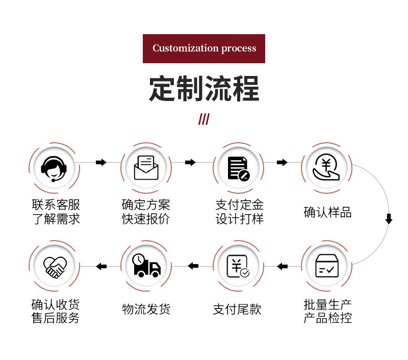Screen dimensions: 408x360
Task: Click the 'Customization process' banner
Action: click(x=204, y=48)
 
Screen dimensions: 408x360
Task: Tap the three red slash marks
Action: click(x=204, y=119)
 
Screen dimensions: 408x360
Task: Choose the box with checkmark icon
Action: click(x=327, y=266)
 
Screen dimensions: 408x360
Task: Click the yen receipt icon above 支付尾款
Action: click(x=238, y=266)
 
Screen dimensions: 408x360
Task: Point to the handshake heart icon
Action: click(x=55, y=266)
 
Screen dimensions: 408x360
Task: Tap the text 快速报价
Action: click(x=146, y=219)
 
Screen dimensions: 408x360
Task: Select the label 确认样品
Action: click(x=327, y=212)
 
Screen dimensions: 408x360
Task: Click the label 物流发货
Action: click(x=146, y=309)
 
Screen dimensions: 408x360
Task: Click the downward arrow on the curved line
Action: click(x=389, y=219)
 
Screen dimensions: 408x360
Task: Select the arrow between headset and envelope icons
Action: click(x=101, y=162)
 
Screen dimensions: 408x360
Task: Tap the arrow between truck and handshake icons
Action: click(x=101, y=266)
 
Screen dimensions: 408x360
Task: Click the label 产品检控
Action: click(x=327, y=318)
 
